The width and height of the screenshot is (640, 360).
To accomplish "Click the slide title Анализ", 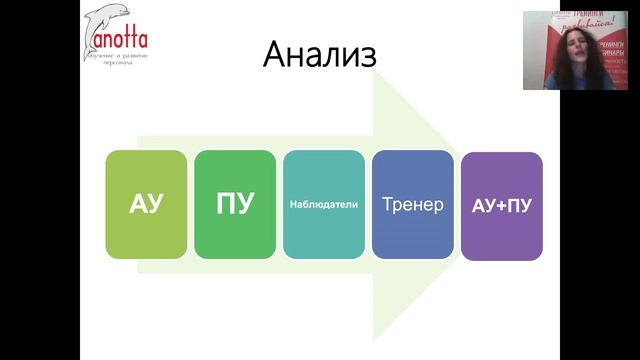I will pos(320,55).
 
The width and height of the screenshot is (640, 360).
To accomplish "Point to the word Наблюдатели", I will pos(323,204).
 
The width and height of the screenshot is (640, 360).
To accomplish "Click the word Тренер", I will pos(412,204).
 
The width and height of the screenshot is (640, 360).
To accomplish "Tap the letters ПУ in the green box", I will pos(235,205).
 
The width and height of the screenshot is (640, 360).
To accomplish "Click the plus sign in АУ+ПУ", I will pos(501,206).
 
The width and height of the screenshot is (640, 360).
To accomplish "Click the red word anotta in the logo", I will pos(118,40).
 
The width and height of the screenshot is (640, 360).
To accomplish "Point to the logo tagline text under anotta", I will pos(114,56).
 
